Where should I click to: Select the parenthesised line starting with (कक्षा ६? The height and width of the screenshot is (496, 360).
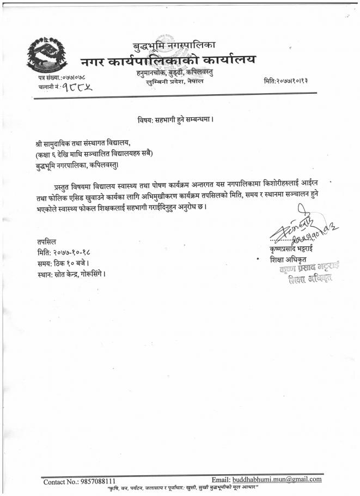coord(94,153)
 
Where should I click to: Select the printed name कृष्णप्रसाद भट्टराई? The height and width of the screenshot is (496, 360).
coord(289,249)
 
